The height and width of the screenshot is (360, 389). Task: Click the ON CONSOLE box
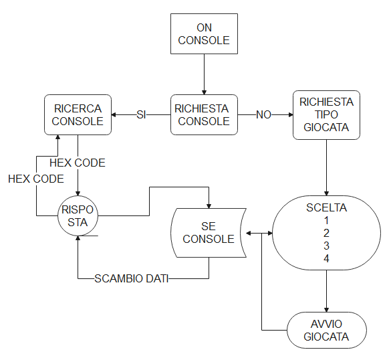[204, 33]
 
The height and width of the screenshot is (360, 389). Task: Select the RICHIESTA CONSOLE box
[204, 115]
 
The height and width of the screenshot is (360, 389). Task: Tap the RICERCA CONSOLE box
[78, 115]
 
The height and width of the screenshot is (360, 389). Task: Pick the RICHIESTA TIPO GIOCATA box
[326, 115]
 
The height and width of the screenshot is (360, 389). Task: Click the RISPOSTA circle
[78, 215]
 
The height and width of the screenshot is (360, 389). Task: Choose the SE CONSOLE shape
[209, 233]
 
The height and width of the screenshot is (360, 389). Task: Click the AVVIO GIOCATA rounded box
[326, 330]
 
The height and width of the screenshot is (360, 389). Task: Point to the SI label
[141, 115]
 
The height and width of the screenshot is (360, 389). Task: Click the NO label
[263, 115]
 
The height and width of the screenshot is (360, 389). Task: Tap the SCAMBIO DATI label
[132, 278]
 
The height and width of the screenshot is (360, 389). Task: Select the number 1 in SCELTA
[326, 220]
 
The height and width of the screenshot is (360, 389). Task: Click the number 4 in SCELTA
[326, 259]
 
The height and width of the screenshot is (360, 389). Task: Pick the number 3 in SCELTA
[326, 246]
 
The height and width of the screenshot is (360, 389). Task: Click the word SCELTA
[326, 207]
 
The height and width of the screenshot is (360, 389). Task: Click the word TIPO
[326, 114]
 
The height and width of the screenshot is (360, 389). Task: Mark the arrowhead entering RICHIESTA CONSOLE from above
[204, 92]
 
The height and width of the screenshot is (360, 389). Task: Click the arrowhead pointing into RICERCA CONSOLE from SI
[114, 115]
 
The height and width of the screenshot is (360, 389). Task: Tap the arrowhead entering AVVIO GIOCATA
[326, 310]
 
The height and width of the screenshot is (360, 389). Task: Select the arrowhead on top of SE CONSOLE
[209, 206]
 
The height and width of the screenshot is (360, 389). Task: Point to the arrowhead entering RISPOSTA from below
[78, 238]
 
